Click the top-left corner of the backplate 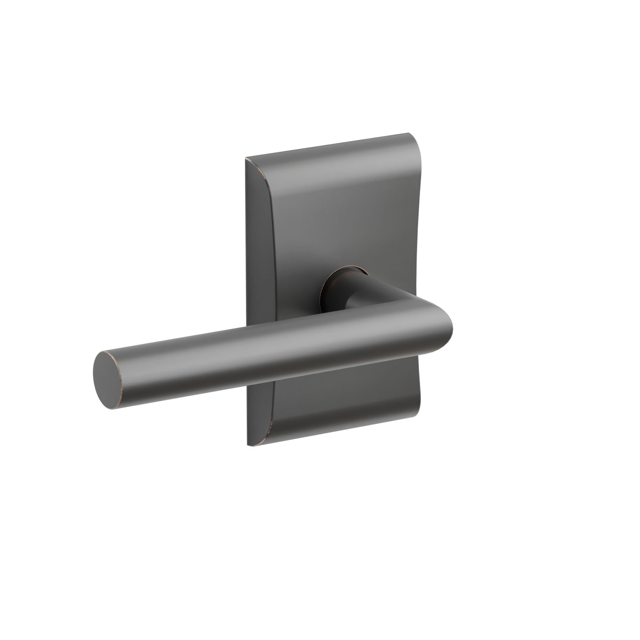(x=246, y=158)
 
